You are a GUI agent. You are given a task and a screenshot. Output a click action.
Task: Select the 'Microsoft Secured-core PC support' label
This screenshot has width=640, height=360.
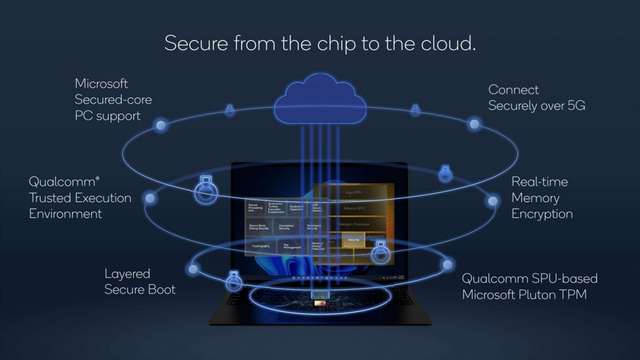point(113,99)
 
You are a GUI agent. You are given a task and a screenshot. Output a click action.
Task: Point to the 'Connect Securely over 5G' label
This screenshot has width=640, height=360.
point(537,98)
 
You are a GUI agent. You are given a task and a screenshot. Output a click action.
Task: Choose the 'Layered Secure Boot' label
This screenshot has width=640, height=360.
point(140,282)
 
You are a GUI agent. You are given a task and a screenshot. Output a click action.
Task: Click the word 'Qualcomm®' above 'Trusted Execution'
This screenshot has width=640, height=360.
point(64,181)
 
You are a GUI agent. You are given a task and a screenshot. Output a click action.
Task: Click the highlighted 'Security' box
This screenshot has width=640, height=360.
point(353,241)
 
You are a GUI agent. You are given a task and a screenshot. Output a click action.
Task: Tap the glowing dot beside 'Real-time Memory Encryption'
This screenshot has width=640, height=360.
point(493,201)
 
